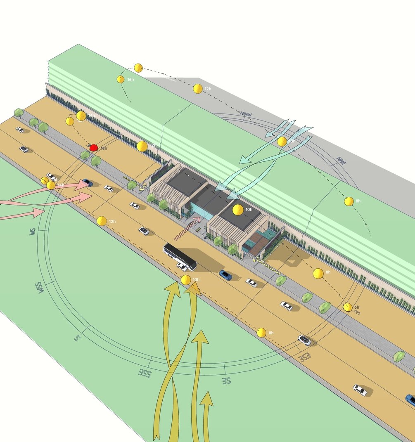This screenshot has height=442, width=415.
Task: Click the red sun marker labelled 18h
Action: tap(93, 147)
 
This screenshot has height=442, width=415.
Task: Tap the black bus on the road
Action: tap(180, 256)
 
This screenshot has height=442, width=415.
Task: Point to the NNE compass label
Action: tap(341, 161)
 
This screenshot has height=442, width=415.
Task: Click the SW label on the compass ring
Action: tap(31, 232)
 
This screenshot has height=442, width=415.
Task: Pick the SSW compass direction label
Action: tap(39, 286)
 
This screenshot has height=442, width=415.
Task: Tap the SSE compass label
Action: tap(145, 374)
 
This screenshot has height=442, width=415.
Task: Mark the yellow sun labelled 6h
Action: tap(348, 307)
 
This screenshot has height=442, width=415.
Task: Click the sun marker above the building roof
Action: tap(237, 210)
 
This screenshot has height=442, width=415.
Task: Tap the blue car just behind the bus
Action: tap(225, 275)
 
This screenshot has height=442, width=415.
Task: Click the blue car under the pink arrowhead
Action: tap(87, 182)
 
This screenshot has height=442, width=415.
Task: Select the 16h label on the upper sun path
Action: tap(130, 80)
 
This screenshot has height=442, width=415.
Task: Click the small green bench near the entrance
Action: tap(142, 189)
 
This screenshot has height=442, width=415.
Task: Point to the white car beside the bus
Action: tap(182, 267)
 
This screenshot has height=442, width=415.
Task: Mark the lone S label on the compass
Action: tap(76, 337)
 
